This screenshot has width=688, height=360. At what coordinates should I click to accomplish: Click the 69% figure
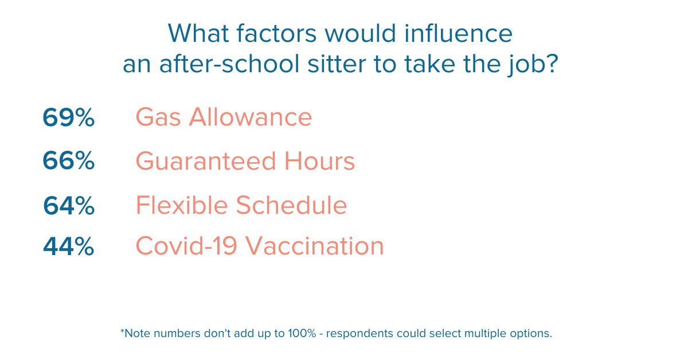point(68,117)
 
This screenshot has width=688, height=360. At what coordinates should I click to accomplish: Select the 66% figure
point(68,161)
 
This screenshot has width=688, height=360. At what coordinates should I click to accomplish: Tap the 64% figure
point(69,205)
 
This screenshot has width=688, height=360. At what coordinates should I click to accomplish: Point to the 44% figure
point(68,246)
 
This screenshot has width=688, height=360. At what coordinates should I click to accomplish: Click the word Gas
point(158,117)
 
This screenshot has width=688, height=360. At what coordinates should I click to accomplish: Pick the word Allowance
point(251,117)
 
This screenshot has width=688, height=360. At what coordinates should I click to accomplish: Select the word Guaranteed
point(206,161)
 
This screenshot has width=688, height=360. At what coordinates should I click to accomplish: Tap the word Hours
point(320,161)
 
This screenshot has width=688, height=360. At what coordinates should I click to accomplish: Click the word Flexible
point(182,205)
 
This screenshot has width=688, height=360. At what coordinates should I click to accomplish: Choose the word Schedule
point(291,205)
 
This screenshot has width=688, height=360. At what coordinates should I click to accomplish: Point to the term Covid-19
point(186,246)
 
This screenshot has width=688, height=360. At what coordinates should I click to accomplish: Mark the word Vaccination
point(315,246)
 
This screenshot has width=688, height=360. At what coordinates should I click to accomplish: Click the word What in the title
point(198,33)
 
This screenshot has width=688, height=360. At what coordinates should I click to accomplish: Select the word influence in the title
point(458,33)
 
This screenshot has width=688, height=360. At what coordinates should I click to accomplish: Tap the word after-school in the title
point(229,64)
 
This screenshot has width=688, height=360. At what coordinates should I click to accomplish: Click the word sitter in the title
point(337,64)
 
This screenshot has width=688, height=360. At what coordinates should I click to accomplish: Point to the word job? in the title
point(533,65)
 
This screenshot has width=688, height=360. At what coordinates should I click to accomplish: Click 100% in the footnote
point(302,333)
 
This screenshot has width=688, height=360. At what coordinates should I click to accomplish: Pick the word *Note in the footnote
point(135,333)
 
